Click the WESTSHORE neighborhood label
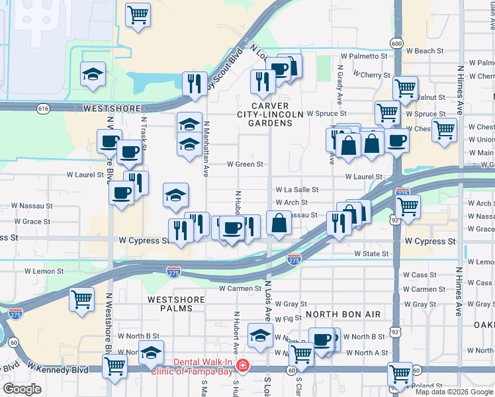click(112, 108)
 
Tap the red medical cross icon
click(243, 365)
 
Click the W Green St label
click(245, 164)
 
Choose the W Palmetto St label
click(363, 57)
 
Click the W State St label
click(371, 253)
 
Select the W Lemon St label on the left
click(44, 271)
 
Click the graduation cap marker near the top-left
click(93, 74)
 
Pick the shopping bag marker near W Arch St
click(280, 223)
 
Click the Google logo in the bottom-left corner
click(22, 388)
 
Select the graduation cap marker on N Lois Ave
click(261, 335)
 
